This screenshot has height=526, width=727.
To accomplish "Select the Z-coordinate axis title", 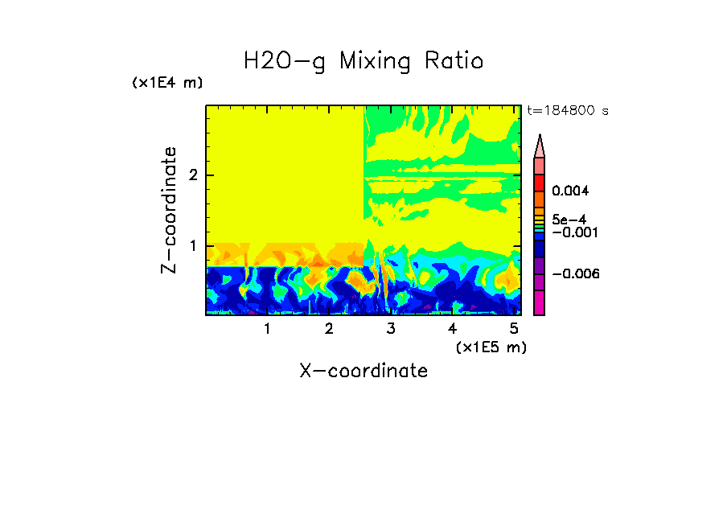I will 169,210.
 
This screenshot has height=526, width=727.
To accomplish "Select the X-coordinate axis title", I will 363,371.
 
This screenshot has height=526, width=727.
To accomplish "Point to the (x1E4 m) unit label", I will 167,83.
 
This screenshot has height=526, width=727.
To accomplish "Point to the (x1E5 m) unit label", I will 491,347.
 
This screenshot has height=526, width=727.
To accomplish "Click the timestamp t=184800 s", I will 567,110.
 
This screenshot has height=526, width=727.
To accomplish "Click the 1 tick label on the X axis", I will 267,329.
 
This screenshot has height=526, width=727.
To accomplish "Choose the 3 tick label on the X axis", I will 391,329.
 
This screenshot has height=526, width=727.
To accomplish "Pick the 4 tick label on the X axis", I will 452,329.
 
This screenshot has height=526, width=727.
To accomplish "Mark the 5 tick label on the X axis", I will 514,329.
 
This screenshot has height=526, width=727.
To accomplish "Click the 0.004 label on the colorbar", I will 571,191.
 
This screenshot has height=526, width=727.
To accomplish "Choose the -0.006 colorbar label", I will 576,274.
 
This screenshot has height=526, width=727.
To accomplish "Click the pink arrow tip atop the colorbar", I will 539,146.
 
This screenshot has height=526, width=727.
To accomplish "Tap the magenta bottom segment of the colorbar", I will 539,303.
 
